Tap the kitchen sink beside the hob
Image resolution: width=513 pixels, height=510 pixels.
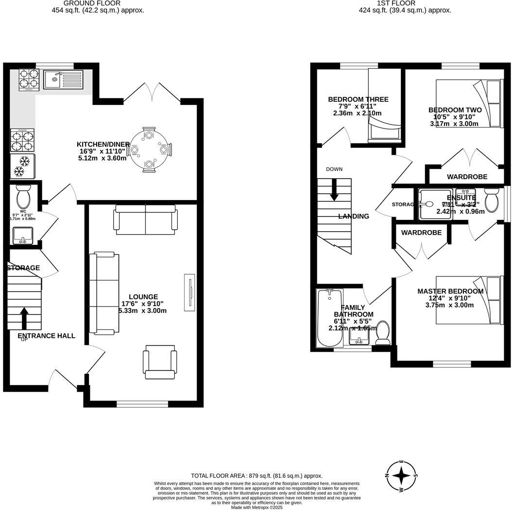63,79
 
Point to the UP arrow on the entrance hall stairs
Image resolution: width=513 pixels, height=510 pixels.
24,318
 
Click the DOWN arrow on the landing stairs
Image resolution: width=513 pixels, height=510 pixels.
334,190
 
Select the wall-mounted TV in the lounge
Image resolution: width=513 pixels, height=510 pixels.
189,292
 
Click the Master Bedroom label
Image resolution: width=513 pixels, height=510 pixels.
450,291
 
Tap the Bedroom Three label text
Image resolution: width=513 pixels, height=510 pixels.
358,99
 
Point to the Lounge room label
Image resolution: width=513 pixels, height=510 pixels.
143,296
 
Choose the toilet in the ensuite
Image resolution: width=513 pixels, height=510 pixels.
492,200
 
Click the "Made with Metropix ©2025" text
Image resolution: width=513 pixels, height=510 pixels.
256,507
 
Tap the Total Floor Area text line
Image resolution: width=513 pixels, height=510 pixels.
256,475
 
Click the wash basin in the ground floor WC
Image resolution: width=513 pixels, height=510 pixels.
23,235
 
